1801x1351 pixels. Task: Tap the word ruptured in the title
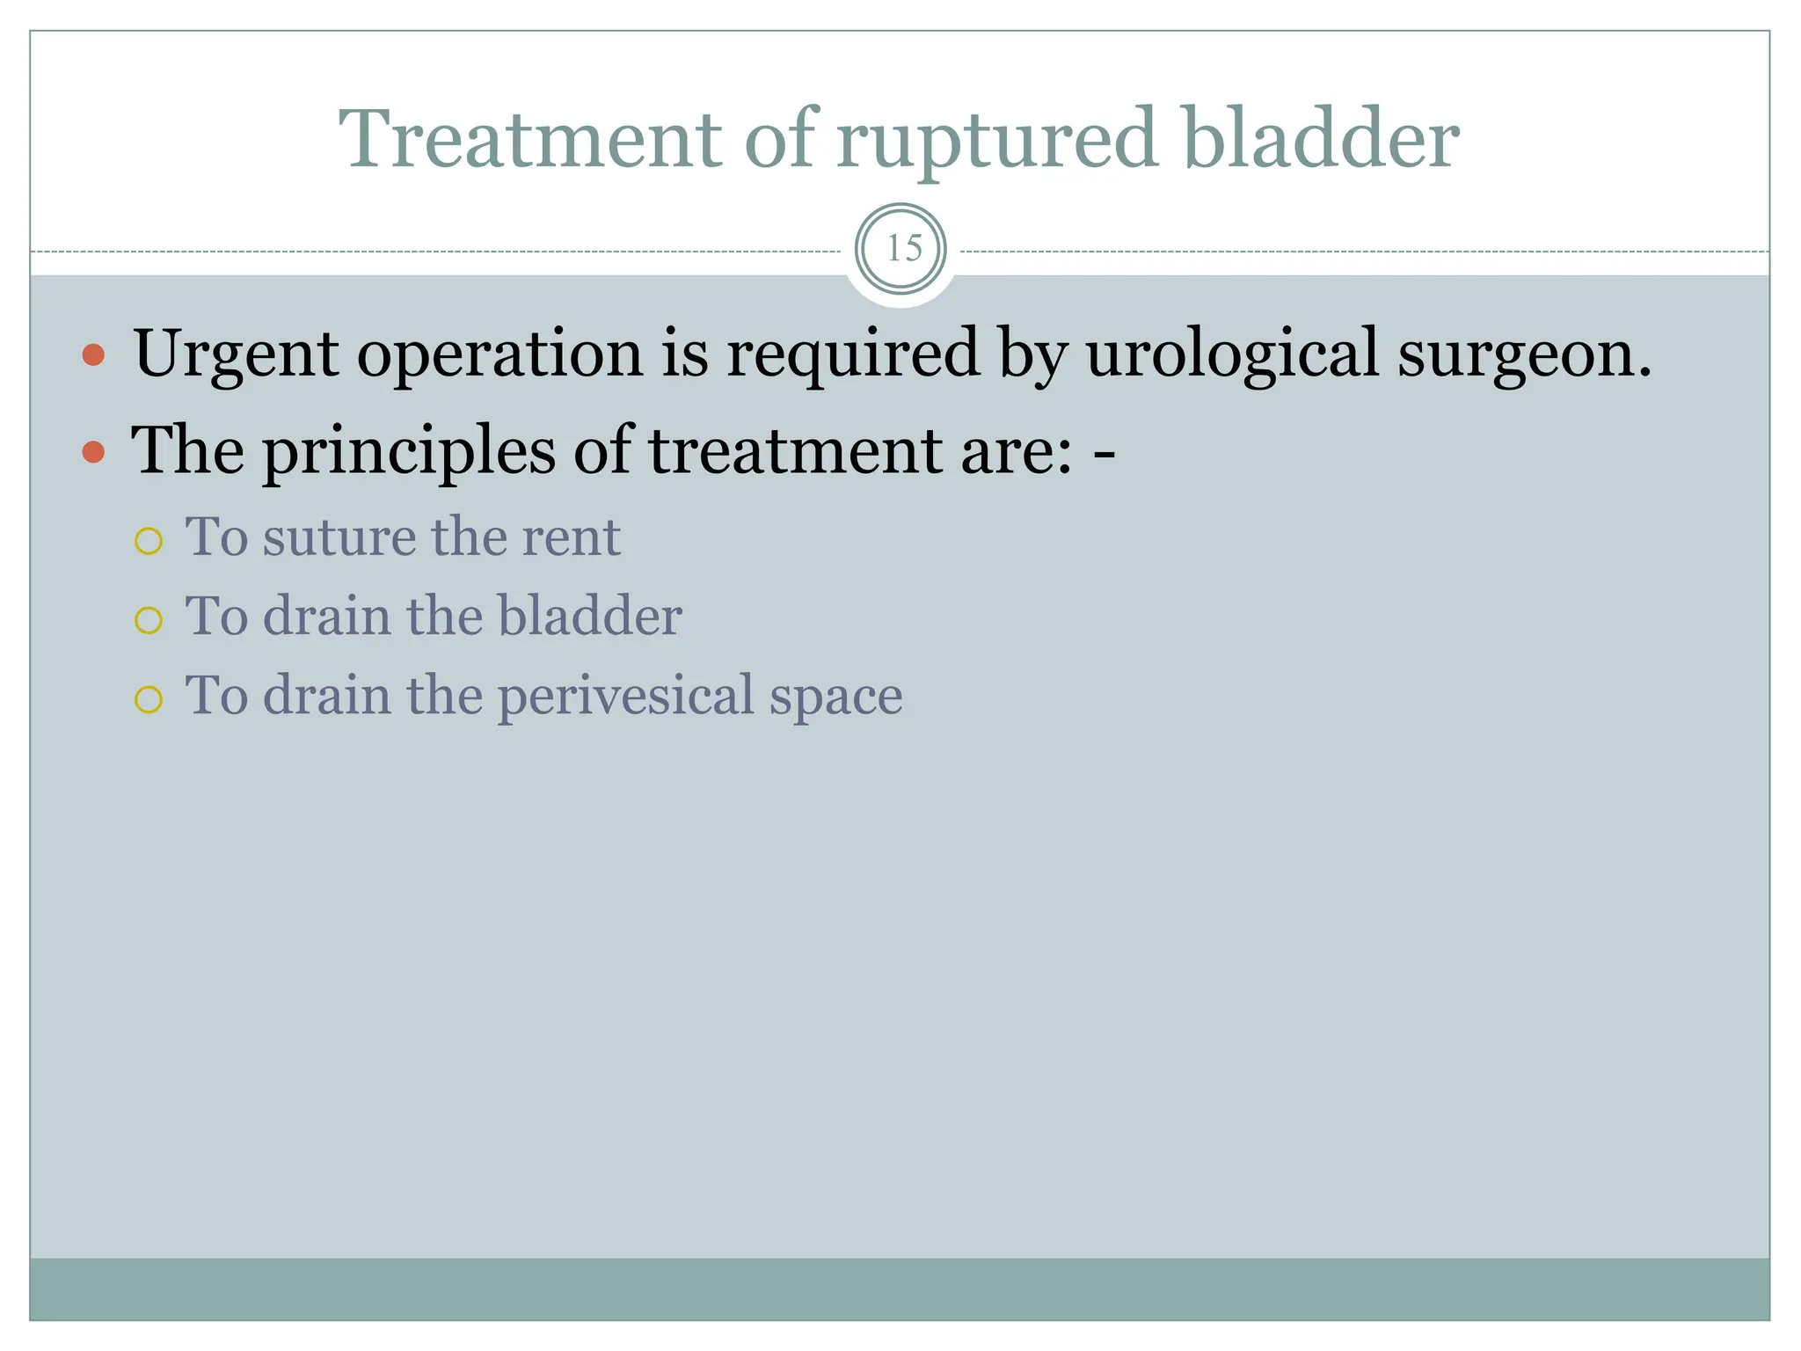point(995,141)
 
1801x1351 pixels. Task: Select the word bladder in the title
point(1320,139)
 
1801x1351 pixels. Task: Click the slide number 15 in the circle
point(901,249)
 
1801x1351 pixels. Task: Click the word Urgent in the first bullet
point(236,354)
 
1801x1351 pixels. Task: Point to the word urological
point(1231,354)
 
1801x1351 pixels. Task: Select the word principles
point(408,451)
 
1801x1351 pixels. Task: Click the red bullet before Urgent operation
point(93,355)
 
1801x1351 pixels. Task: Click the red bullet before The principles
point(93,453)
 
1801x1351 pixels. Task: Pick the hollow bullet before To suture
point(149,541)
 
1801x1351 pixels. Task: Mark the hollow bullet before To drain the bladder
point(149,620)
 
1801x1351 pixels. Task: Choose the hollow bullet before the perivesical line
point(149,699)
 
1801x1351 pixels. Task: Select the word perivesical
point(625,697)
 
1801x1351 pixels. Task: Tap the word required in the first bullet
point(852,354)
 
